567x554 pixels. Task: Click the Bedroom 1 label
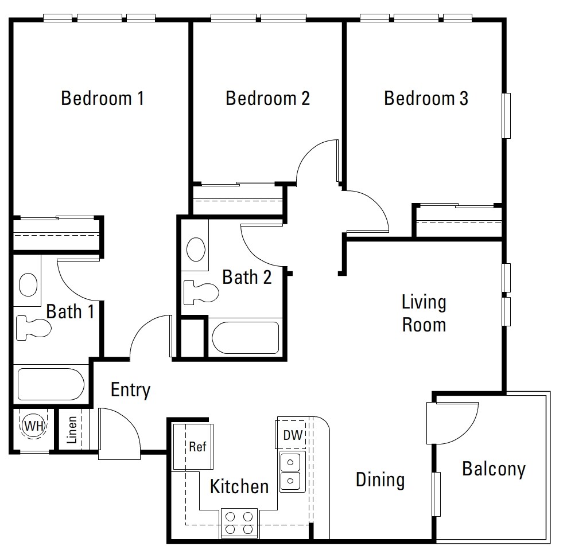[102, 98]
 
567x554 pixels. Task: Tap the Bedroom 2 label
[267, 98]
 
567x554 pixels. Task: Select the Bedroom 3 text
[426, 98]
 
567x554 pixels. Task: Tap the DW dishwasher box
[292, 436]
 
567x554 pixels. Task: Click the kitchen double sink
[292, 471]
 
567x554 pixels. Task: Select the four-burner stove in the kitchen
[239, 522]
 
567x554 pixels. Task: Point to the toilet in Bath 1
[32, 327]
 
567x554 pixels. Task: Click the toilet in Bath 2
[201, 292]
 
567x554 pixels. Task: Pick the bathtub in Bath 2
[246, 338]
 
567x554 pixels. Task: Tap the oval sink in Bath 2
[197, 250]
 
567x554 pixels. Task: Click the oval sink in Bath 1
[28, 284]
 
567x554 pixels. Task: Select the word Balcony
[494, 469]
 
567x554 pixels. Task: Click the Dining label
[380, 479]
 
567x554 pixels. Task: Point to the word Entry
[130, 390]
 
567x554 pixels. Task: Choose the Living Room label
[424, 313]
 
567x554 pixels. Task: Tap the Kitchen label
[239, 487]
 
